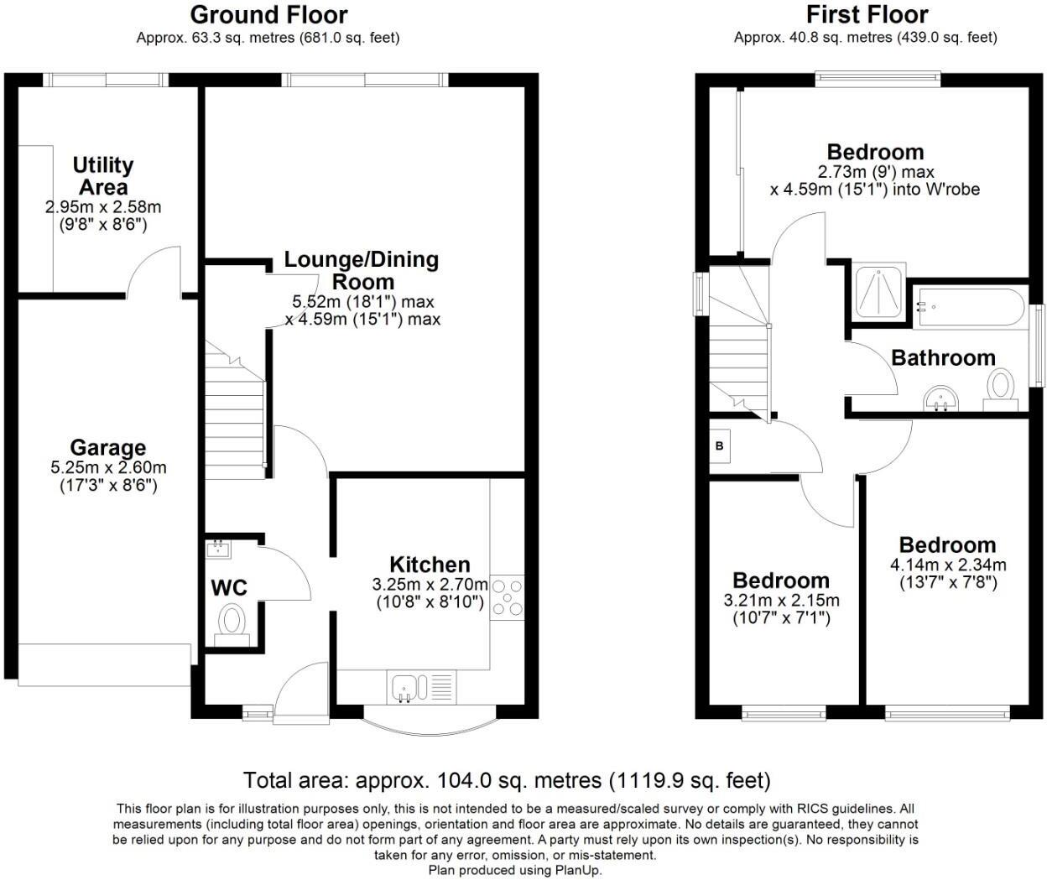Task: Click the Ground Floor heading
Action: point(268,15)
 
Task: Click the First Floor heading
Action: point(867,15)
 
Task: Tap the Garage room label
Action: point(107,448)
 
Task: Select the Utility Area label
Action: point(102,175)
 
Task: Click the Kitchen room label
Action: point(430,565)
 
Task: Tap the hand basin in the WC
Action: point(218,549)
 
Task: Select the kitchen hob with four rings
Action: point(507,596)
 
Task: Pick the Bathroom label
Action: point(943,358)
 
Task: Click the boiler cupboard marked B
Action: point(719,445)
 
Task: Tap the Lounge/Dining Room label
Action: point(362,270)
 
